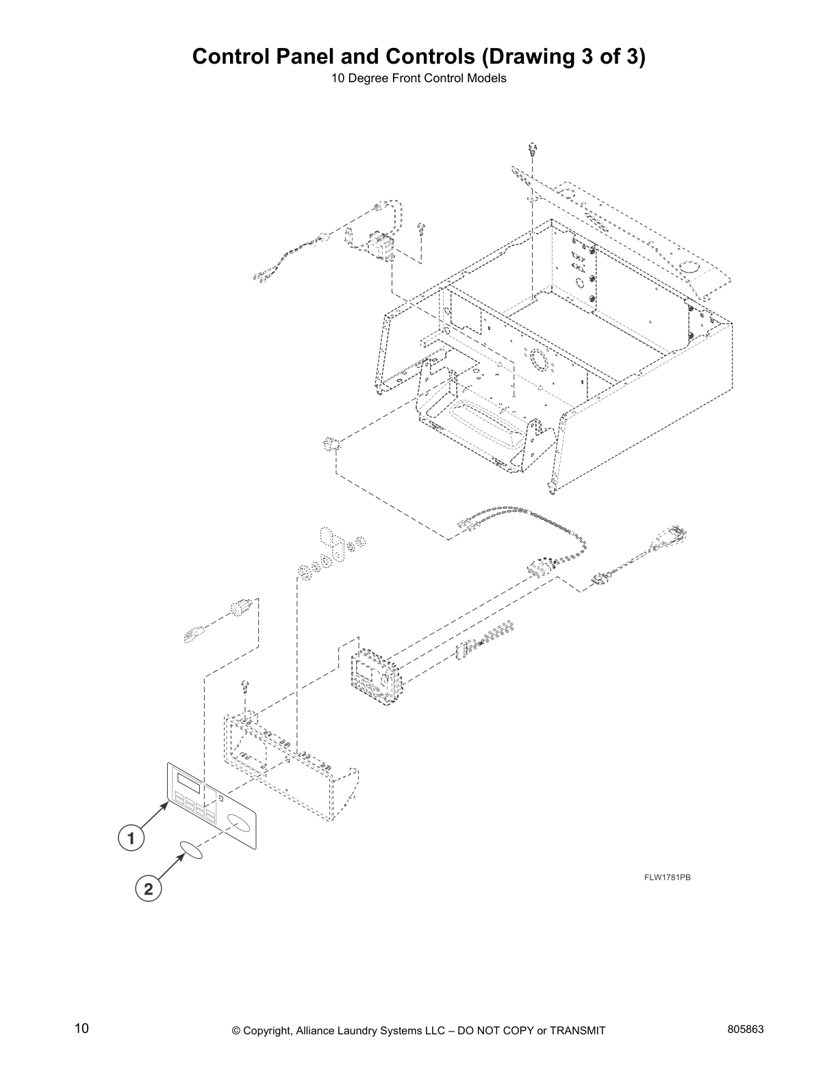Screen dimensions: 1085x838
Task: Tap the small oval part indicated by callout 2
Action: click(191, 850)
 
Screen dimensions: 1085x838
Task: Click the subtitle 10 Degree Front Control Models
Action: click(418, 78)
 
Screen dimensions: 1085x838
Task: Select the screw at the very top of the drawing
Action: click(533, 148)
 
